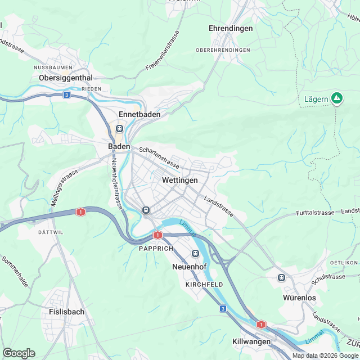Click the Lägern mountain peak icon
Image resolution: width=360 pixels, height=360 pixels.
tap(337, 99)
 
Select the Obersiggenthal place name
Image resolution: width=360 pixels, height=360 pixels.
tap(65, 78)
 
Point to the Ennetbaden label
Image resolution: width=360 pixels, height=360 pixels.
tap(139, 114)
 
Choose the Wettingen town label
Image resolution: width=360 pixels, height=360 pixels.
tap(179, 181)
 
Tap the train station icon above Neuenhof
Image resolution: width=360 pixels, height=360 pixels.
tap(196, 254)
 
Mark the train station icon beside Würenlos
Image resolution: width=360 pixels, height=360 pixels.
tap(281, 277)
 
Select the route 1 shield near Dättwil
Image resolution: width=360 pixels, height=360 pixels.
tap(81, 212)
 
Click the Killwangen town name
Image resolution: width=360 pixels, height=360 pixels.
tap(251, 341)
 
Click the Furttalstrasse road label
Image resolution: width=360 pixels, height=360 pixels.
tap(315, 213)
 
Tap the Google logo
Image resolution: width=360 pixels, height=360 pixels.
tap(19, 353)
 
